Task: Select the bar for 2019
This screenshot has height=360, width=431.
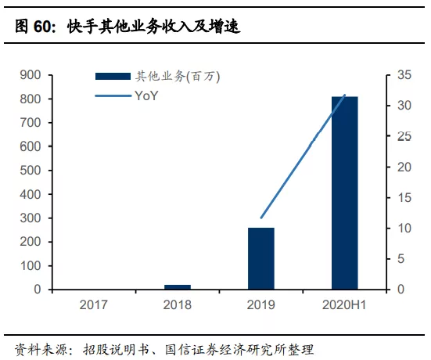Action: (261, 258)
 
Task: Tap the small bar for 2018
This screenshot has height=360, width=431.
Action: (178, 286)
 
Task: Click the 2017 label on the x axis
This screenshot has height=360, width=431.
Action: (94, 304)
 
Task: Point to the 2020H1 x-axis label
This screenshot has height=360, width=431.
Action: (345, 304)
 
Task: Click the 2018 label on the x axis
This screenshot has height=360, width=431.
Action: (178, 304)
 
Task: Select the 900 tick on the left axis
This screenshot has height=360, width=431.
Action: (31, 75)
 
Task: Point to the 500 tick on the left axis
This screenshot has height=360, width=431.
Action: (31, 171)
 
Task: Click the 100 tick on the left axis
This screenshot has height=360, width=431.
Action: (31, 266)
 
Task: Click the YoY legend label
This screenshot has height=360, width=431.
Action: (146, 97)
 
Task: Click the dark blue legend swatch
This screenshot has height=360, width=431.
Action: (113, 77)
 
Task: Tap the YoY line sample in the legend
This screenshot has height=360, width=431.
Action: (113, 97)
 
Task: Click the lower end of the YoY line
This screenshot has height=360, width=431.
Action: (261, 218)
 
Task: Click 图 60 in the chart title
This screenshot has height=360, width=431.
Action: (31, 27)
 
